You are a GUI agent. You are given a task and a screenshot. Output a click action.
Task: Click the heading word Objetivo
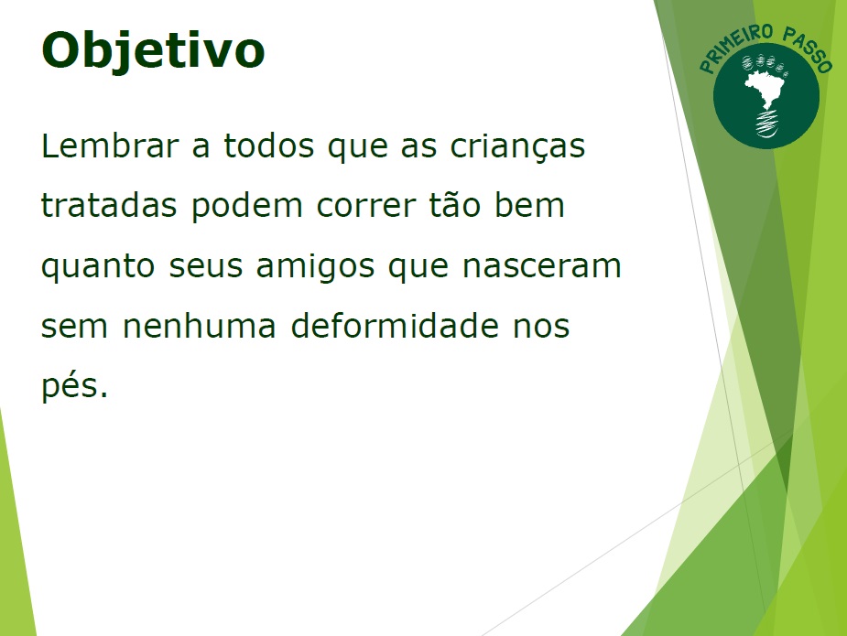point(153,50)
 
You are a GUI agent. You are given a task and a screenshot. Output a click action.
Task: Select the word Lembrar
point(110,146)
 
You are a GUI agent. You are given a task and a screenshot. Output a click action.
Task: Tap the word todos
point(269,146)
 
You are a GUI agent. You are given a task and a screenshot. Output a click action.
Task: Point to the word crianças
point(517,146)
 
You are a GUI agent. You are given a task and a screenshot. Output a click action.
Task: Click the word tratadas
point(109,206)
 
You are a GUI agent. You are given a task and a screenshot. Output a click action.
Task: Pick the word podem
point(247,207)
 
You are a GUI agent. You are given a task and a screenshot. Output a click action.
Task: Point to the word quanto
point(98,267)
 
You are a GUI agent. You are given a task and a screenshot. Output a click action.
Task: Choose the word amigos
point(315,267)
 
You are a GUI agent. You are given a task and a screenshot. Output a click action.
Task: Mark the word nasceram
point(542,267)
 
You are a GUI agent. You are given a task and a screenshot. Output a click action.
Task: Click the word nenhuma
point(200,326)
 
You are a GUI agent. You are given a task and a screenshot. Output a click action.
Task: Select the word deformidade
point(395,326)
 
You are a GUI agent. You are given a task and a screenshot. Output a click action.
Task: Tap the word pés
point(74,386)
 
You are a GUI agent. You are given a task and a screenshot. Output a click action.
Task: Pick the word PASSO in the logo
point(807,49)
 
